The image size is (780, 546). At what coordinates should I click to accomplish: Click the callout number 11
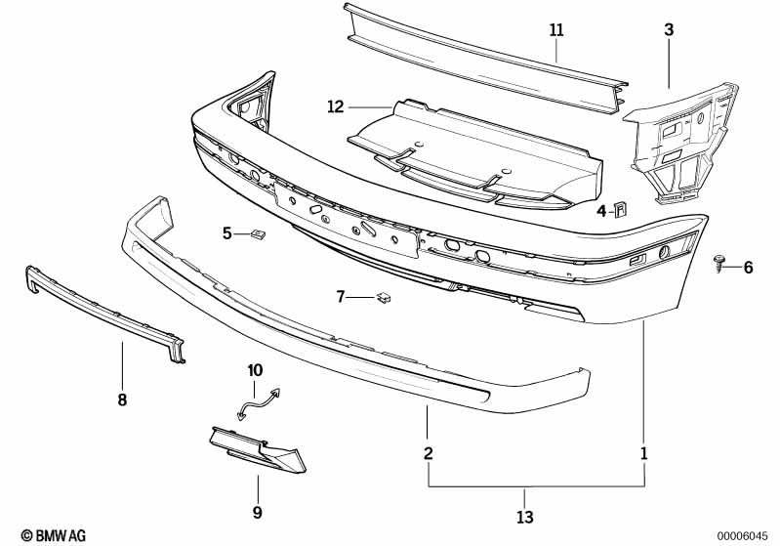[x=556, y=30]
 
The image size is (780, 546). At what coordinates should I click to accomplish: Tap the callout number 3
[x=669, y=30]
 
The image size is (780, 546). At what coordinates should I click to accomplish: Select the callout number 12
[x=336, y=106]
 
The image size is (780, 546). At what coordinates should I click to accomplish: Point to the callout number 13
[x=525, y=517]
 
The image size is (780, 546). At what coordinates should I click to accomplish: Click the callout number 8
[x=122, y=399]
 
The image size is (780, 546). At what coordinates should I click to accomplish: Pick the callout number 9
[x=257, y=512]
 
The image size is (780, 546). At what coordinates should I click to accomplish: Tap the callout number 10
[x=255, y=371]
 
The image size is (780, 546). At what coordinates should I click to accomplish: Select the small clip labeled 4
[x=620, y=210]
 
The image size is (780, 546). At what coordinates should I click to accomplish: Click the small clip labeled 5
[x=258, y=232]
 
